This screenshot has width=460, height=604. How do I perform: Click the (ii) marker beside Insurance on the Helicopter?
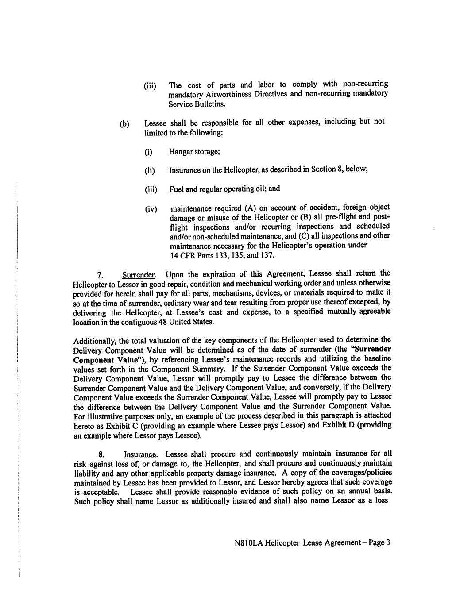tap(150, 171)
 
